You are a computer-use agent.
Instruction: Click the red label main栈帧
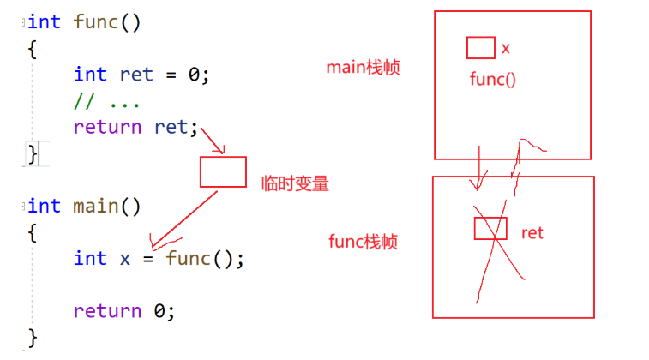point(364,67)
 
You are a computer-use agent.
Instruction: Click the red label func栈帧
point(363,242)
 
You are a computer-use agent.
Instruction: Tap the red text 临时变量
point(295,183)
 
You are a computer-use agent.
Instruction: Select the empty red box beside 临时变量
point(223,171)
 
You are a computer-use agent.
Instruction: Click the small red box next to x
point(480,47)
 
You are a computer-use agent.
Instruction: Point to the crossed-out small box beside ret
point(490,228)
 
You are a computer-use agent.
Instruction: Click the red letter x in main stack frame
point(506,48)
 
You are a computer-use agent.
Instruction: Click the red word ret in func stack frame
point(532,232)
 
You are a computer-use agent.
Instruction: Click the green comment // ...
point(83,101)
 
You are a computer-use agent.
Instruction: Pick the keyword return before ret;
point(107,127)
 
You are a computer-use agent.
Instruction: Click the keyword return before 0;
point(107,310)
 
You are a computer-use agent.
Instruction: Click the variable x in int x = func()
point(125,258)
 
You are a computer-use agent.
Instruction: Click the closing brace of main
point(33,336)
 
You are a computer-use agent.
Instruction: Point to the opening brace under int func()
point(33,48)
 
